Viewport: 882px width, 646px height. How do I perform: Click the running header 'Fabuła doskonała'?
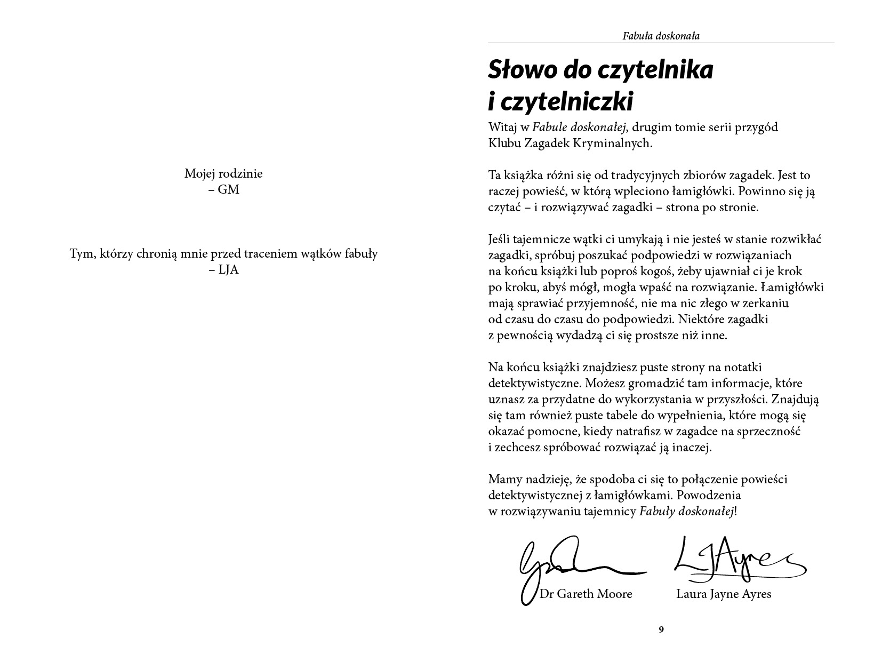661,36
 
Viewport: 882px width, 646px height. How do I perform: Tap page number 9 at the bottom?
661,629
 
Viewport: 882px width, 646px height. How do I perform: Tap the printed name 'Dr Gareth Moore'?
586,594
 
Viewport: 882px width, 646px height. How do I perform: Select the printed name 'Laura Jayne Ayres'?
723,594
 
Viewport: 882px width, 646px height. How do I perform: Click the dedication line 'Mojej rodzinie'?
223,173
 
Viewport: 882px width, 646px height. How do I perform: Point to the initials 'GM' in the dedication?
228,189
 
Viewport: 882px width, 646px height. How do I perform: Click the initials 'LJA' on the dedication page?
228,269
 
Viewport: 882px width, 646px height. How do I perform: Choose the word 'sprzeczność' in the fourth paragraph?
767,431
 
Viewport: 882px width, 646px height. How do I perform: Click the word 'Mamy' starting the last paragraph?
502,479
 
